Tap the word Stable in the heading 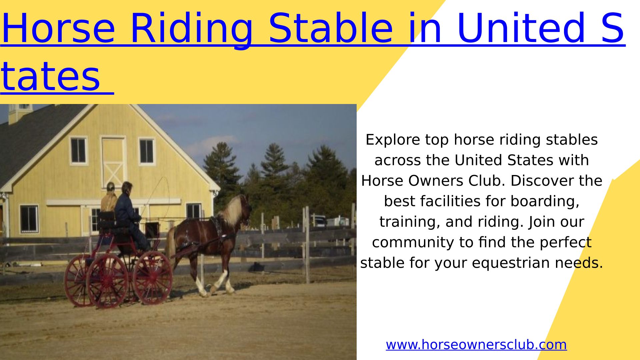pos(331,28)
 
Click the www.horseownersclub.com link pos(476,345)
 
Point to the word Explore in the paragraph pos(393,140)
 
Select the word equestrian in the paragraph pos(511,263)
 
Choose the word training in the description pos(410,222)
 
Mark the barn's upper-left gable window pos(79,151)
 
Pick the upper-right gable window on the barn pos(147,152)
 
